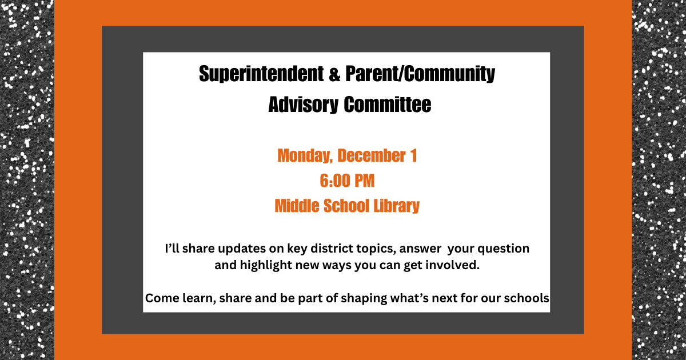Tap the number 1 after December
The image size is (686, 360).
tap(413, 155)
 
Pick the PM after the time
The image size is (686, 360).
tap(364, 181)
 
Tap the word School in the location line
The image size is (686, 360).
tap(345, 206)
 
